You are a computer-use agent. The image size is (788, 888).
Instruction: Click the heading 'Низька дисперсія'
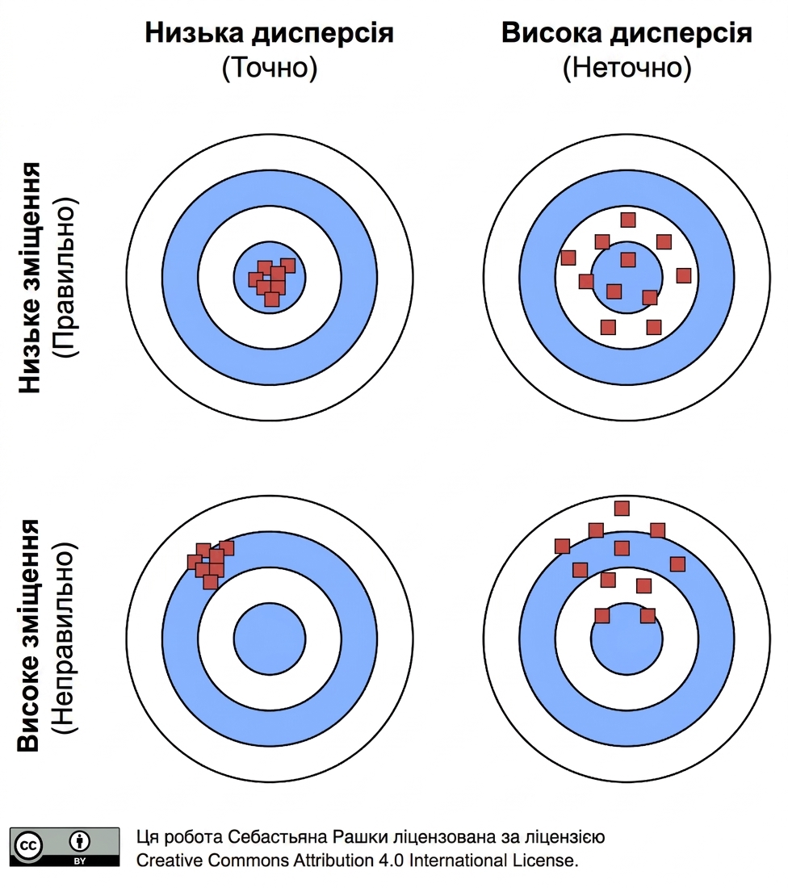point(269,33)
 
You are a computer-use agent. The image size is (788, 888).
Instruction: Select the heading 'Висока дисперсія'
point(627,33)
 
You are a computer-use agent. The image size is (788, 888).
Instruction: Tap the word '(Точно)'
point(269,67)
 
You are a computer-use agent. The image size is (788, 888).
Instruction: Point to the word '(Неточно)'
point(627,67)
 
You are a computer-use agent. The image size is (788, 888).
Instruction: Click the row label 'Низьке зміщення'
point(29,278)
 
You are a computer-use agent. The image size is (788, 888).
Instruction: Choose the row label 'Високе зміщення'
point(29,635)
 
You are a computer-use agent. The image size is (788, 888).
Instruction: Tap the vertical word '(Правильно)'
point(64,278)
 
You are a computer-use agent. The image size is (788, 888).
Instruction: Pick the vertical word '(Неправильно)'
point(64,638)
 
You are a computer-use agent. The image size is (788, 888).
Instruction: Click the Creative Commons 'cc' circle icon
point(28,846)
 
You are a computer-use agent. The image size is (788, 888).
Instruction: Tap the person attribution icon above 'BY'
point(79,841)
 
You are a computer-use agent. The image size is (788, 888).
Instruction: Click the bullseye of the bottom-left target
point(270,639)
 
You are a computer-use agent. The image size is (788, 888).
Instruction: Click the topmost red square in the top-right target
point(627,220)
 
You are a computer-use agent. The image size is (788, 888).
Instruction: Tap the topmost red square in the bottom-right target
point(622,508)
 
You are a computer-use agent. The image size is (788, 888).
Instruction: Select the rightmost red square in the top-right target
point(684,276)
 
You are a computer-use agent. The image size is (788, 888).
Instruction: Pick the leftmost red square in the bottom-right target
point(562,546)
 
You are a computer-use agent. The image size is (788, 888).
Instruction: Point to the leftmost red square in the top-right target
point(568,258)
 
